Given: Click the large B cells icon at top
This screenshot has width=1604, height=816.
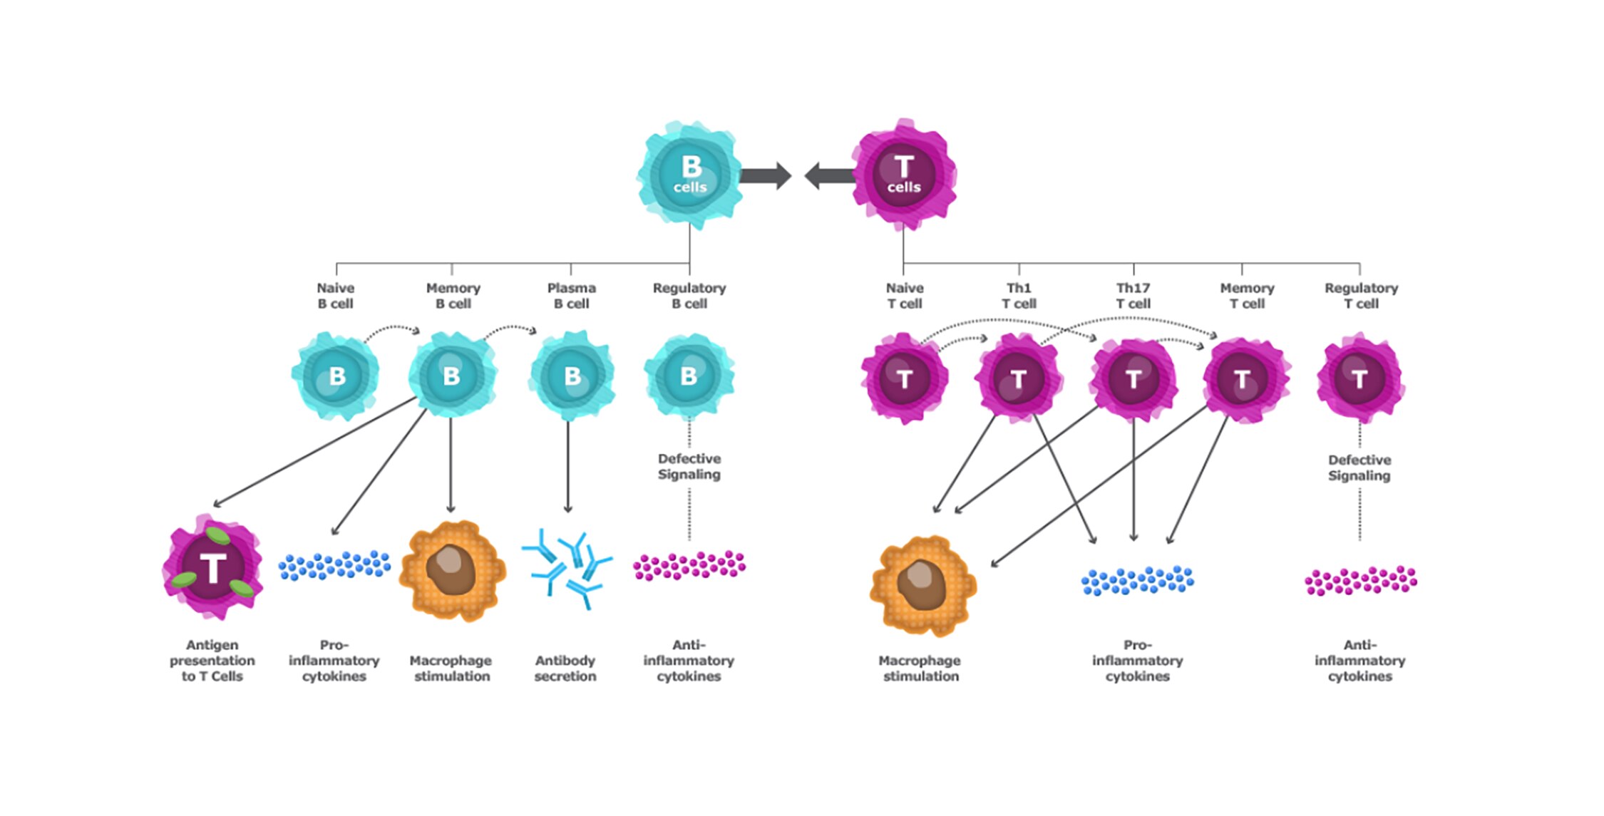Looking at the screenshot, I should (689, 175).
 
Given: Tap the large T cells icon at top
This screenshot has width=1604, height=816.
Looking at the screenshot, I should (903, 175).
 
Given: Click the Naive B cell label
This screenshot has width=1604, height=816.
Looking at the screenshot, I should (335, 296).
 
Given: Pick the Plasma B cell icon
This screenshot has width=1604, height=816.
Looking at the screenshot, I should (572, 376).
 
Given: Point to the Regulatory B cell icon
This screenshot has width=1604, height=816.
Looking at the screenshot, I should (689, 376).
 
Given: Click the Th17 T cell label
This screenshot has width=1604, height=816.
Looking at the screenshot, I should (1133, 296).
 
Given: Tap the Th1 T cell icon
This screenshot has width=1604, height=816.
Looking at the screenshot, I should (1018, 378).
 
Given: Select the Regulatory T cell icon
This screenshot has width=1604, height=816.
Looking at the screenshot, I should (1359, 378).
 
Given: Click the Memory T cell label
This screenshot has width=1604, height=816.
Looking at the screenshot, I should (1247, 296).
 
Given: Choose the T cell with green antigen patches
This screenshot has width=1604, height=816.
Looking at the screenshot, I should (212, 568).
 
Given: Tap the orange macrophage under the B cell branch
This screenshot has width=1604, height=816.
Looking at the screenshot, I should (452, 570).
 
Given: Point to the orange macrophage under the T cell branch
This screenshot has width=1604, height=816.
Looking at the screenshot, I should (922, 584).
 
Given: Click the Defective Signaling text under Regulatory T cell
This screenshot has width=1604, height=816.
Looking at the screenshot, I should (1359, 468).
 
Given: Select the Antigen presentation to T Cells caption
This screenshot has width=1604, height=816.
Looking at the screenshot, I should (212, 661).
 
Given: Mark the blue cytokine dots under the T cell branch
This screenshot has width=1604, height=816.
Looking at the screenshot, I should (1137, 580).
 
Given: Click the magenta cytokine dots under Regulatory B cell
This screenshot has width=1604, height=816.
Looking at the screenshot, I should (689, 565).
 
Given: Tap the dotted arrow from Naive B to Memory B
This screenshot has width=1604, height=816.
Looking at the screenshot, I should (392, 329).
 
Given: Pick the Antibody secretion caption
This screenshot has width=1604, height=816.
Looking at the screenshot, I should (565, 668).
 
